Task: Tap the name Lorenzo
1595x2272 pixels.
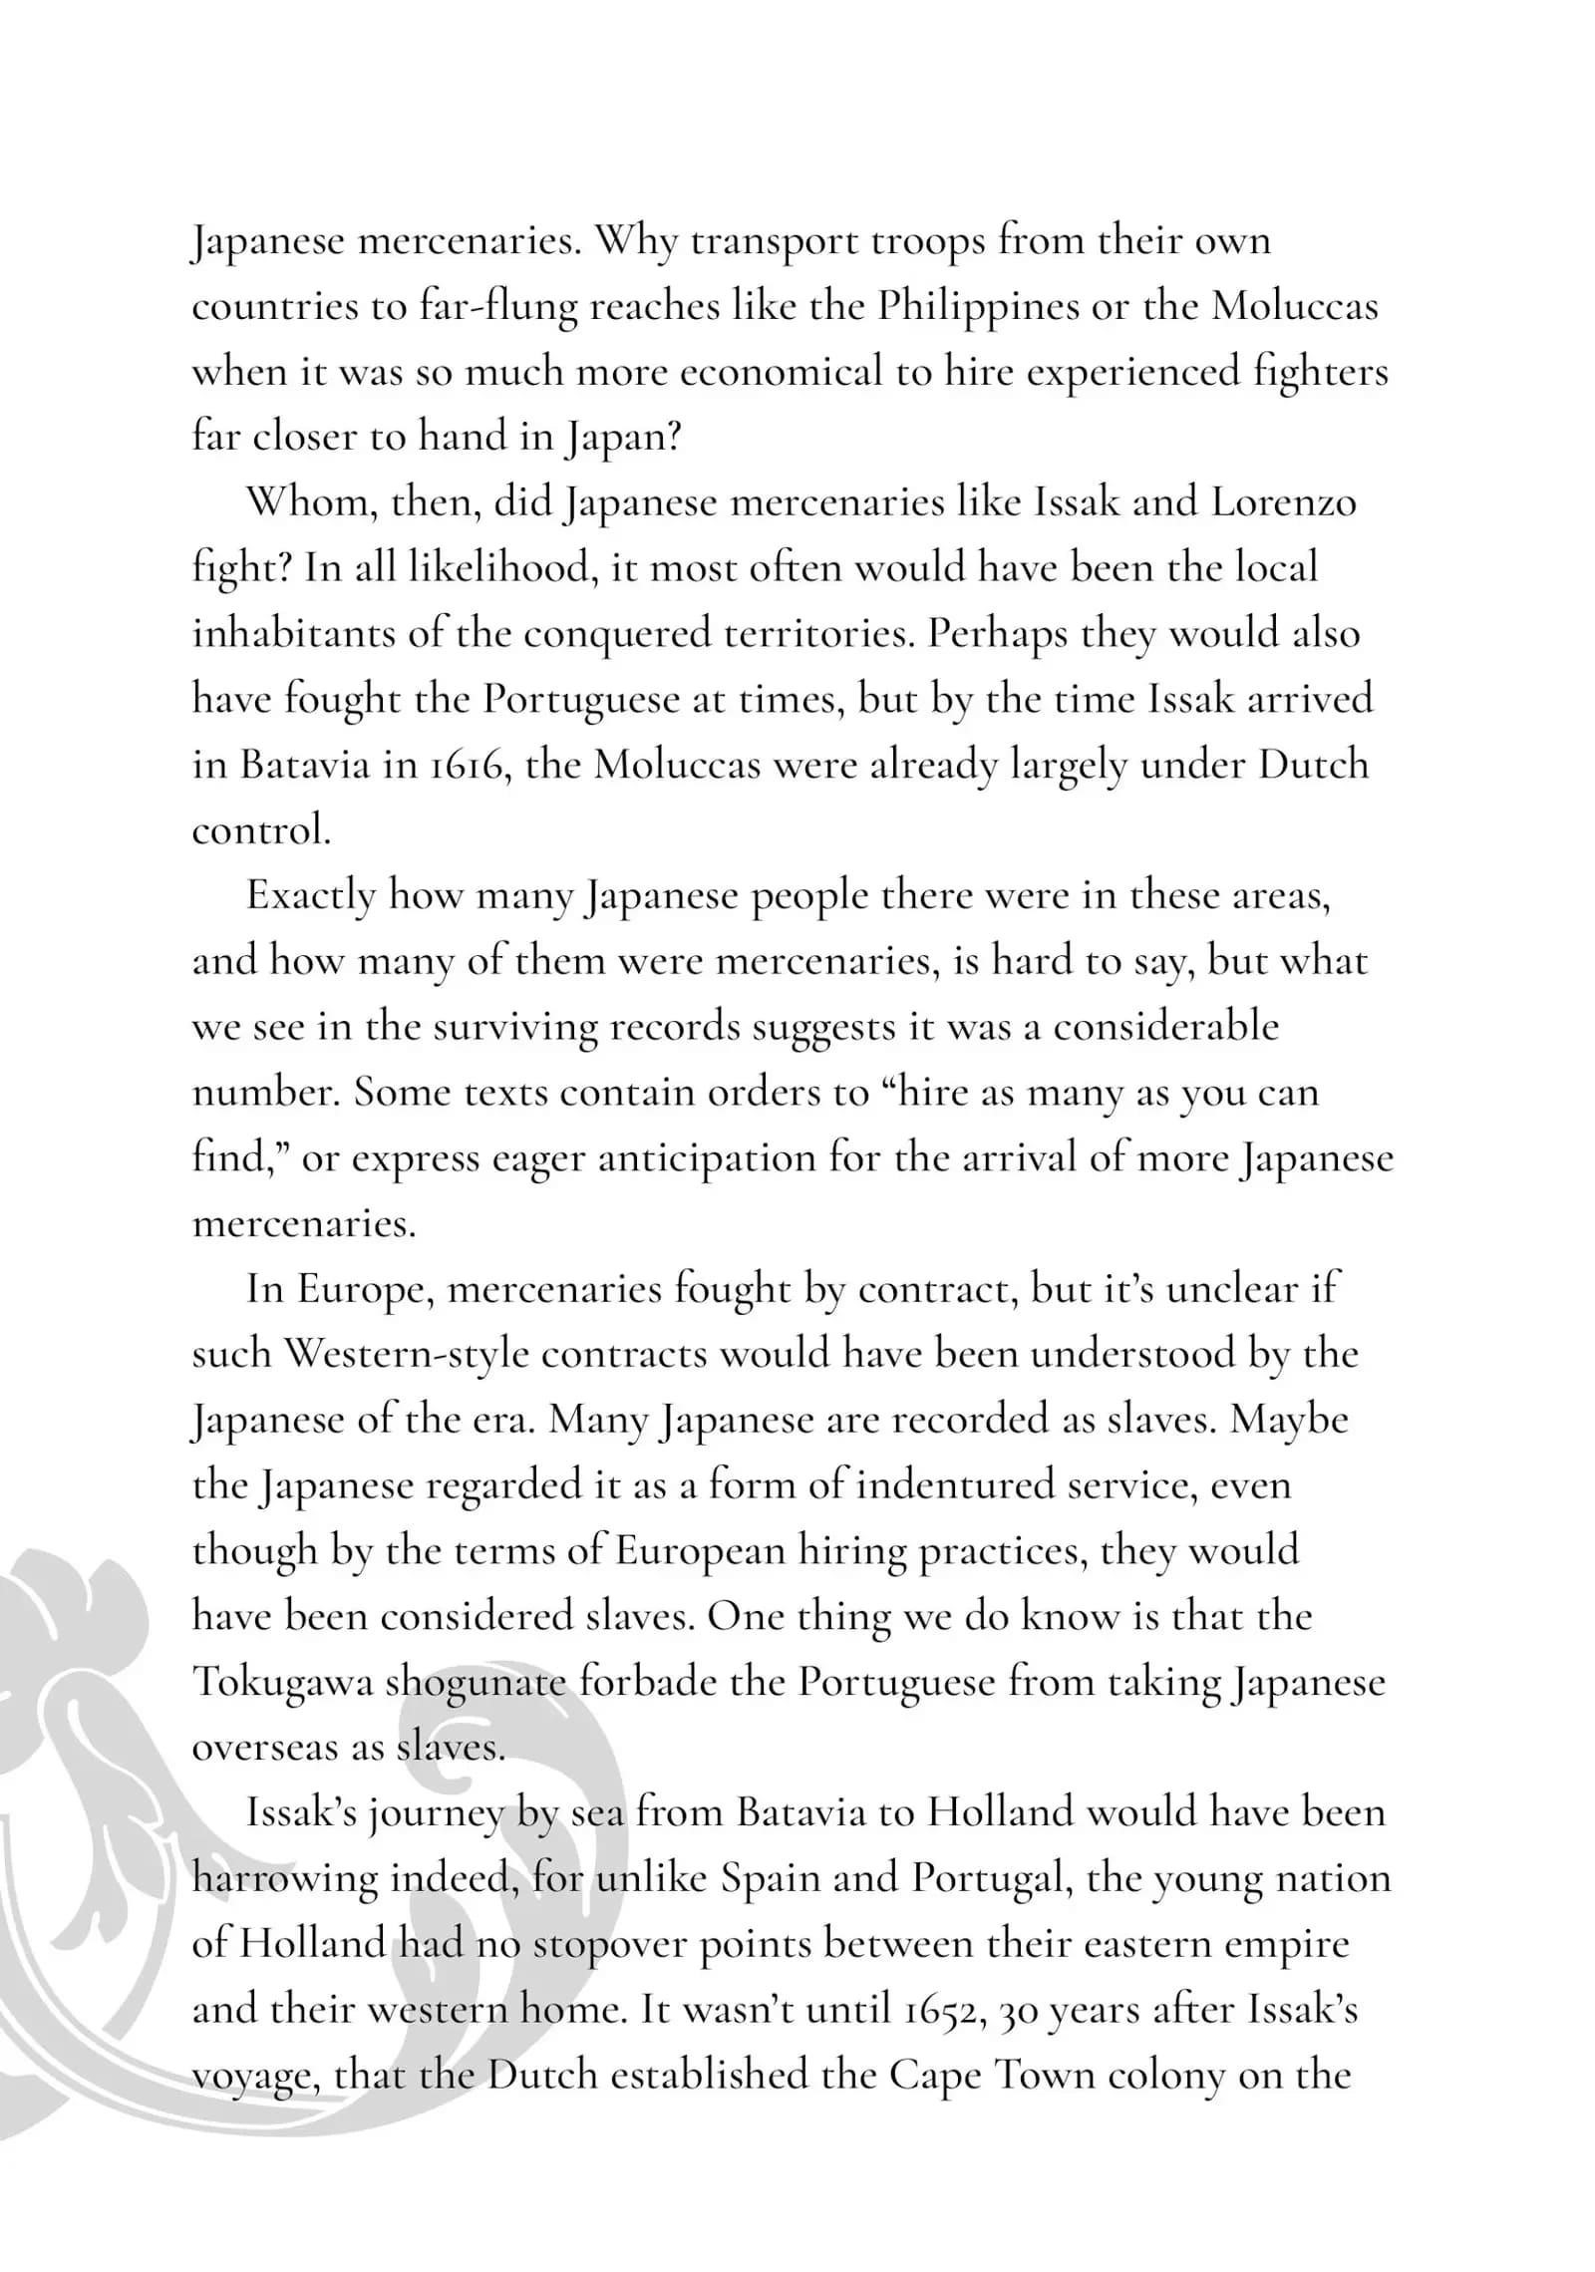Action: click(1284, 502)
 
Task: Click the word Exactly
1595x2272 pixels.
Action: click(310, 896)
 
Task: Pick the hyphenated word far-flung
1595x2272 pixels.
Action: click(497, 306)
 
